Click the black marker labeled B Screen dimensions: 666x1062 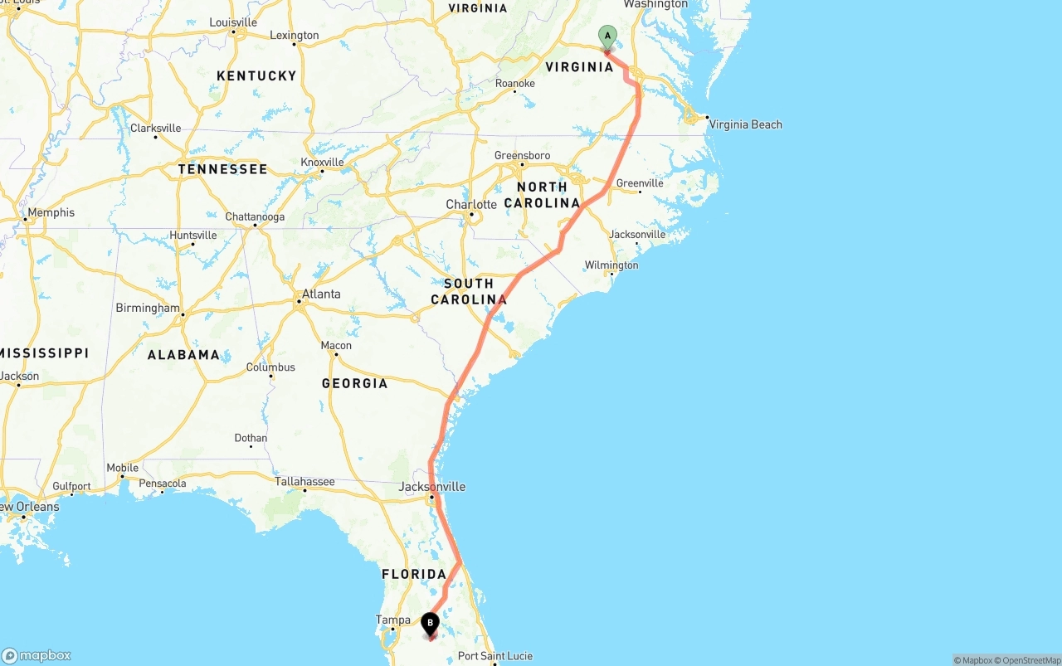click(x=430, y=624)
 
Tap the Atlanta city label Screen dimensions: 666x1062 click(x=321, y=294)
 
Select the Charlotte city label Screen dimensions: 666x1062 click(x=471, y=204)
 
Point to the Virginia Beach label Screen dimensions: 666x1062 click(x=745, y=124)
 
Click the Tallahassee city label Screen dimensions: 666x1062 click(x=304, y=481)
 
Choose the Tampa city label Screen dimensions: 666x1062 click(x=392, y=620)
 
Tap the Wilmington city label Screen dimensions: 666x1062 click(x=611, y=265)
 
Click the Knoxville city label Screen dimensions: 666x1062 click(x=322, y=162)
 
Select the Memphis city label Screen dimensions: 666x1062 click(x=51, y=212)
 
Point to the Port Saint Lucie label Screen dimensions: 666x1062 click(x=495, y=656)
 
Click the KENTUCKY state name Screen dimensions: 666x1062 click(x=256, y=75)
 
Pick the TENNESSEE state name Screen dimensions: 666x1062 click(x=222, y=169)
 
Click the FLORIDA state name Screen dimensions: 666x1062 click(x=414, y=574)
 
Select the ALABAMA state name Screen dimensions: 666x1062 click(x=183, y=354)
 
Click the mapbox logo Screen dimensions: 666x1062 click(x=37, y=654)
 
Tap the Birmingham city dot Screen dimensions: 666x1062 click(x=183, y=314)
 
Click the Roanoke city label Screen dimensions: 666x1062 click(x=514, y=83)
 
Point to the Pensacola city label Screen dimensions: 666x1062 click(x=163, y=483)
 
